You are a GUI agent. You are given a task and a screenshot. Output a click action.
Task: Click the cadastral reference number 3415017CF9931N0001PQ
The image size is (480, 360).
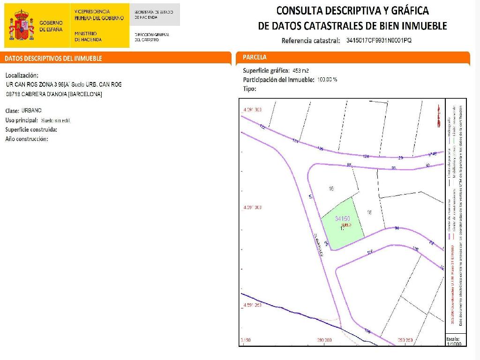(x=379, y=40)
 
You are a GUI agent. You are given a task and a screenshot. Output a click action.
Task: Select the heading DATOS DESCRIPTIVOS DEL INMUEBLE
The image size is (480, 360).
(x=53, y=59)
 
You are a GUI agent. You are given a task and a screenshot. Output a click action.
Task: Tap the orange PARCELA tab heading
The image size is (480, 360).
(x=255, y=57)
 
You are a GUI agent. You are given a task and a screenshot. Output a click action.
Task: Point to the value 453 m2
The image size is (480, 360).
(x=300, y=71)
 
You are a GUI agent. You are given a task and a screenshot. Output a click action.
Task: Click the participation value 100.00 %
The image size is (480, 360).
(x=327, y=79)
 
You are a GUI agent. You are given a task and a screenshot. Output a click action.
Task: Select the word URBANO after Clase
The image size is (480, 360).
(x=31, y=111)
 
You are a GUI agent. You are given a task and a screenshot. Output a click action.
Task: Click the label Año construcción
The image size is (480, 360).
(x=27, y=139)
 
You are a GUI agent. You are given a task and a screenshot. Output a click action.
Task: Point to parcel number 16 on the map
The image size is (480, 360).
(x=331, y=189)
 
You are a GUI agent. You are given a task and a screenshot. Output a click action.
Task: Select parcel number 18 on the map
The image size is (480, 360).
(x=369, y=213)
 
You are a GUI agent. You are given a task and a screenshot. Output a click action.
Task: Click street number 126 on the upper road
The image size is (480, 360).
(x=321, y=149)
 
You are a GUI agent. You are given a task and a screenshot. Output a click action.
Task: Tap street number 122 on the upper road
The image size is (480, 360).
(x=262, y=127)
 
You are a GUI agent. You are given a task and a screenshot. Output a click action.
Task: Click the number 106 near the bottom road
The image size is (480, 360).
(x=367, y=331)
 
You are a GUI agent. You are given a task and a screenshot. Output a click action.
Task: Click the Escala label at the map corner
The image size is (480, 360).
(x=453, y=338)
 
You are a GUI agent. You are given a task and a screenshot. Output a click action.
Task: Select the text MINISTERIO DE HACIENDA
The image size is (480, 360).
(x=87, y=37)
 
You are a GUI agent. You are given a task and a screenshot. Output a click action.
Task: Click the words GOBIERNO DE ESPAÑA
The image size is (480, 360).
(x=51, y=26)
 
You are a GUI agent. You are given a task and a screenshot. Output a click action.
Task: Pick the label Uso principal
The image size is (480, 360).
(x=22, y=120)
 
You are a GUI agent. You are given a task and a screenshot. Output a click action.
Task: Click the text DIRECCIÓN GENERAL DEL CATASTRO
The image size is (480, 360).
(x=151, y=37)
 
